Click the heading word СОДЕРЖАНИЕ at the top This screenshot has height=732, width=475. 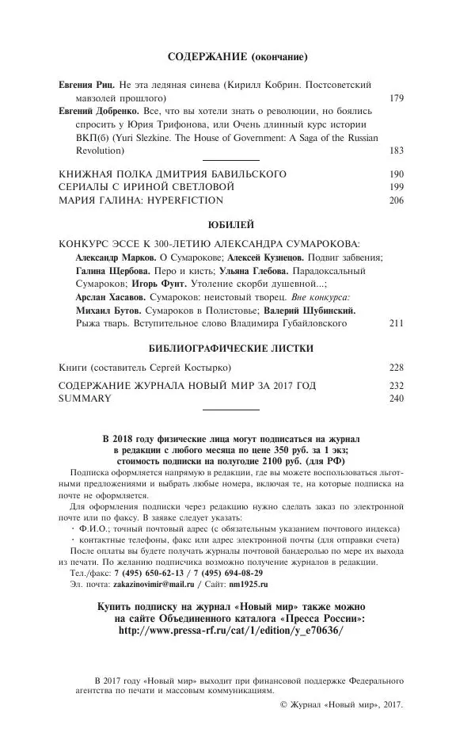(x=208, y=57)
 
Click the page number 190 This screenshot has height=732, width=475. (x=397, y=173)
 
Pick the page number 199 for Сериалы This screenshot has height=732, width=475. (x=397, y=187)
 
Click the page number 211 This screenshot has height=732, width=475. (x=397, y=323)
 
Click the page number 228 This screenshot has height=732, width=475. (x=397, y=368)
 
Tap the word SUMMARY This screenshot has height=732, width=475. (x=85, y=398)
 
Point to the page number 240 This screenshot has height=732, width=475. (x=397, y=398)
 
